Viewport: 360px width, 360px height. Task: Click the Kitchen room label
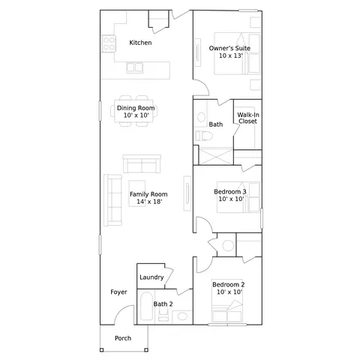140,43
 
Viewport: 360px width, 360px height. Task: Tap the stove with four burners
109,43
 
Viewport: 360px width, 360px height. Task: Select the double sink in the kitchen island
135,67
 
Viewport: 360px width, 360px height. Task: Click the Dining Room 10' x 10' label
136,112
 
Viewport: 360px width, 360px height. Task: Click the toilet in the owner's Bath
204,136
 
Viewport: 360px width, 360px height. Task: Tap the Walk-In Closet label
248,118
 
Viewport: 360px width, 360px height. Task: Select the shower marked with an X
216,157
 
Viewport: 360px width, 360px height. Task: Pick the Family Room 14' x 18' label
148,198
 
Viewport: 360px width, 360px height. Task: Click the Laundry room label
151,277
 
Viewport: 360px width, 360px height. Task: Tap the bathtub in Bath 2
146,306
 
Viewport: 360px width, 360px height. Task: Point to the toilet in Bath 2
163,315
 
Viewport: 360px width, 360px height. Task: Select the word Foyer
118,292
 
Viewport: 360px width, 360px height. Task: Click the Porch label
123,338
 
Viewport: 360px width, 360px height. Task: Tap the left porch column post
101,349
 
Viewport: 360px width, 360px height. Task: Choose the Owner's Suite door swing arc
205,85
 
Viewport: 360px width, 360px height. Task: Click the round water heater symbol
228,246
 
